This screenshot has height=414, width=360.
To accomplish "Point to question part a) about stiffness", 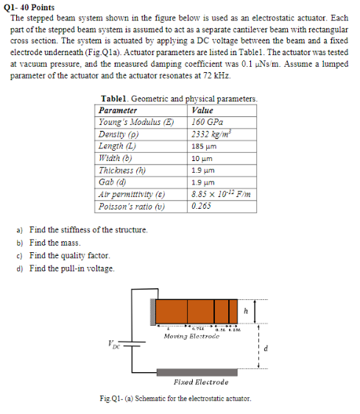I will pos(82,230).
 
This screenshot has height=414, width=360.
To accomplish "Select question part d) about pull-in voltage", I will pos(66,268).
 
